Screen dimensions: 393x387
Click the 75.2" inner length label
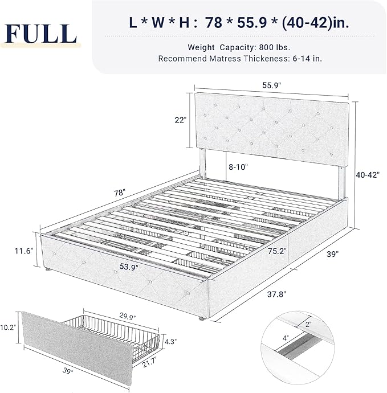(x=278, y=251)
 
